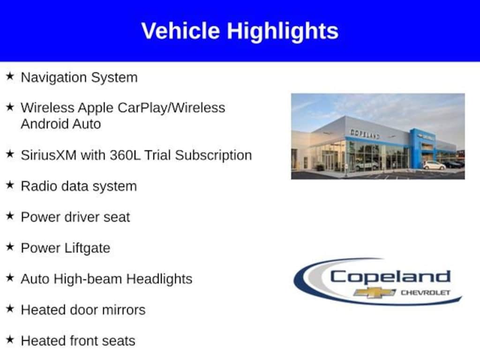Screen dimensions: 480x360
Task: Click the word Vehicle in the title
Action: click(180, 30)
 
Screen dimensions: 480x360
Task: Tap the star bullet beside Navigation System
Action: click(10, 76)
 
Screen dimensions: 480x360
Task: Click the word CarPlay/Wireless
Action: click(172, 108)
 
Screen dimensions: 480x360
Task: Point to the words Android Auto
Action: click(60, 124)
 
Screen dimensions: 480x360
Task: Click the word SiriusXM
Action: click(49, 155)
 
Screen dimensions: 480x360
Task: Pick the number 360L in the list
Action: click(125, 155)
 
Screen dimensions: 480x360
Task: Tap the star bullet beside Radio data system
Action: click(10, 185)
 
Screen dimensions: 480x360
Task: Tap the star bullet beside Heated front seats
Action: click(10, 339)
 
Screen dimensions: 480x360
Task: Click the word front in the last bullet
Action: click(84, 341)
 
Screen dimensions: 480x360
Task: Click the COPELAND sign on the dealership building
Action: click(365, 134)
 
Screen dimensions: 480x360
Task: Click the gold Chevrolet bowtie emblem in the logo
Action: click(374, 293)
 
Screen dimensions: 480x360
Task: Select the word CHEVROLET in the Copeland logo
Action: click(426, 292)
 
